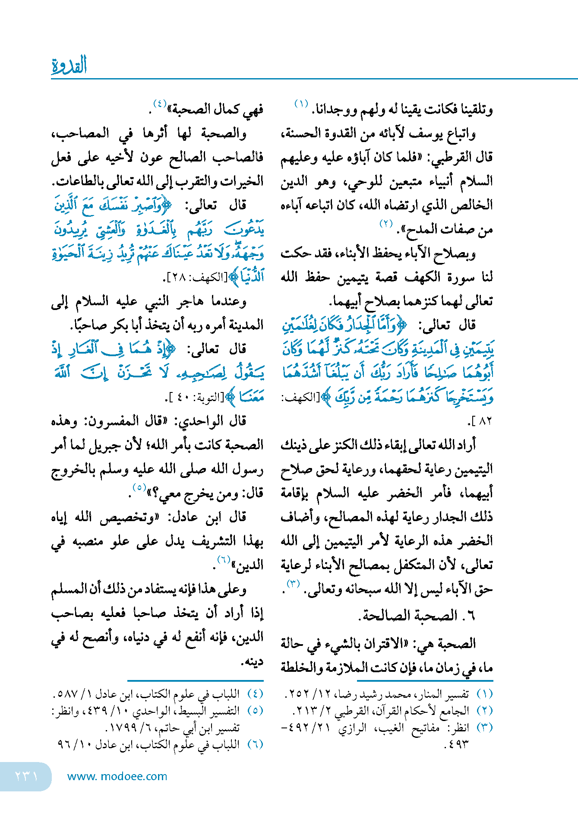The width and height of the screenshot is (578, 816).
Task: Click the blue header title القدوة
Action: click(x=69, y=66)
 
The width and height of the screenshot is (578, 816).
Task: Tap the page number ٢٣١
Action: click(x=26, y=776)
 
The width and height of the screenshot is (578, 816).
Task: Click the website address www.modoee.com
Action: click(x=117, y=776)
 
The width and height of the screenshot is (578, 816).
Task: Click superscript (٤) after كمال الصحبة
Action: click(x=159, y=104)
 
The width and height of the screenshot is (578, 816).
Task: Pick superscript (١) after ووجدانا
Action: click(x=301, y=104)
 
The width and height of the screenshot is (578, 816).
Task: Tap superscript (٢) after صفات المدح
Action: click(x=386, y=224)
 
